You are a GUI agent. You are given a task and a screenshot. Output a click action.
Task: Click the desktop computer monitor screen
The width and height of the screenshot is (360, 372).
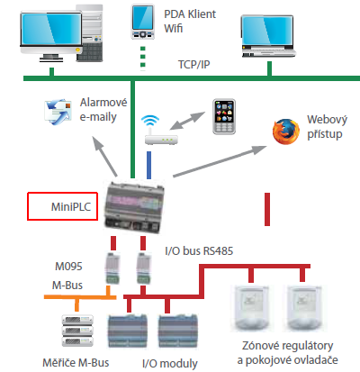click(x=51, y=29)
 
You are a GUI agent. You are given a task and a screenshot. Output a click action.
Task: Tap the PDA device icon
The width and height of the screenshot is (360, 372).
click(x=143, y=22)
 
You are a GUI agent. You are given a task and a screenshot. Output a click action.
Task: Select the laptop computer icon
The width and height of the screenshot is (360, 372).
click(x=268, y=36)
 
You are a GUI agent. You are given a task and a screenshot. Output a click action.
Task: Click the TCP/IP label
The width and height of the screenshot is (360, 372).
click(x=193, y=65)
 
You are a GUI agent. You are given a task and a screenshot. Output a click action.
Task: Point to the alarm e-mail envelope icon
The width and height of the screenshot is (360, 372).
click(x=58, y=112)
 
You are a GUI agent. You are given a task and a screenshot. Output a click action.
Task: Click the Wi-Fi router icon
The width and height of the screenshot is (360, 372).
click(x=161, y=131)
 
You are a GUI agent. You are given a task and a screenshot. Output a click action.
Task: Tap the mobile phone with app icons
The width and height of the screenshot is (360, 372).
click(x=224, y=116)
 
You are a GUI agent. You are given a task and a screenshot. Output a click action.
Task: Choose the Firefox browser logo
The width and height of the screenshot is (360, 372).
click(x=286, y=132)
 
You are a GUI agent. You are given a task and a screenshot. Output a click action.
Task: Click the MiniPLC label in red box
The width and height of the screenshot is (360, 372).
click(x=71, y=206)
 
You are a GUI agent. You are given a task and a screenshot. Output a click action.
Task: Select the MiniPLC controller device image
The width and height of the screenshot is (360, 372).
click(x=134, y=207)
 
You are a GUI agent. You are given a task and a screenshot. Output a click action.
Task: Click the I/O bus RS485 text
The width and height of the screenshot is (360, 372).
click(x=199, y=251)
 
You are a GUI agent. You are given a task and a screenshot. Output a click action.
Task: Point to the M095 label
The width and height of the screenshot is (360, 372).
click(x=68, y=267)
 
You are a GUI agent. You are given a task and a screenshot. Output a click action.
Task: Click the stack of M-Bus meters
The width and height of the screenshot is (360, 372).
click(x=77, y=331)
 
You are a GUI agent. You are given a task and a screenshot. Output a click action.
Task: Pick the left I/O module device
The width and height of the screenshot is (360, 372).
click(x=128, y=331)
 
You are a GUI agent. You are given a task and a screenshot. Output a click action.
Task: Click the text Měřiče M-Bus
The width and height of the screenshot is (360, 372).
click(x=76, y=363)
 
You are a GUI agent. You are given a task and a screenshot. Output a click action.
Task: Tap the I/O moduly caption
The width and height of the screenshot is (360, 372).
click(x=170, y=364)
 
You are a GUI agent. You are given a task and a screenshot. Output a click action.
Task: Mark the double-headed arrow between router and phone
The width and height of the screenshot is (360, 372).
click(x=187, y=121)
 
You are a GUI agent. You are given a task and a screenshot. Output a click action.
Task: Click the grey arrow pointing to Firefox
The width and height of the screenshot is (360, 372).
click(x=220, y=161)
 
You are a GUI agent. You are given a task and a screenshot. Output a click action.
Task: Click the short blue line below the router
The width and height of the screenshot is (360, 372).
click(x=148, y=165)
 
